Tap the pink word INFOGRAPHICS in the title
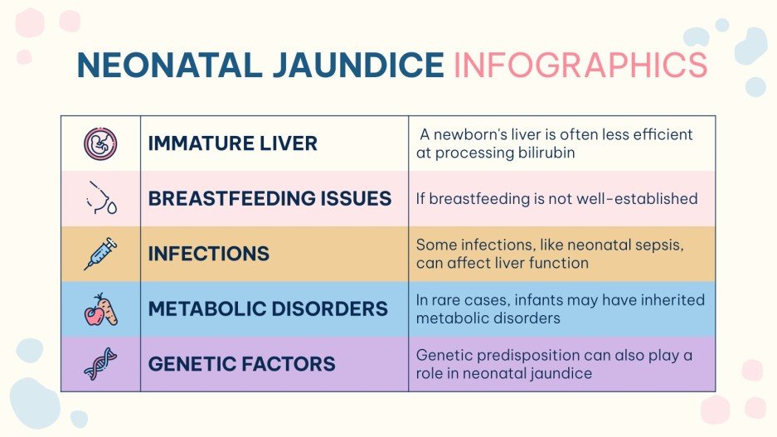(580, 65)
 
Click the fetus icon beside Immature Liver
(100, 143)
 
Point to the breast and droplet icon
(101, 199)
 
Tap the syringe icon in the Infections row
(100, 254)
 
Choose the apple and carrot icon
(100, 309)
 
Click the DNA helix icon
(100, 364)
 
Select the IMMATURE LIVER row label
(232, 143)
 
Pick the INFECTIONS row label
(209, 254)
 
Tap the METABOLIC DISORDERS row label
(268, 309)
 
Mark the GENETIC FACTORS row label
(241, 364)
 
